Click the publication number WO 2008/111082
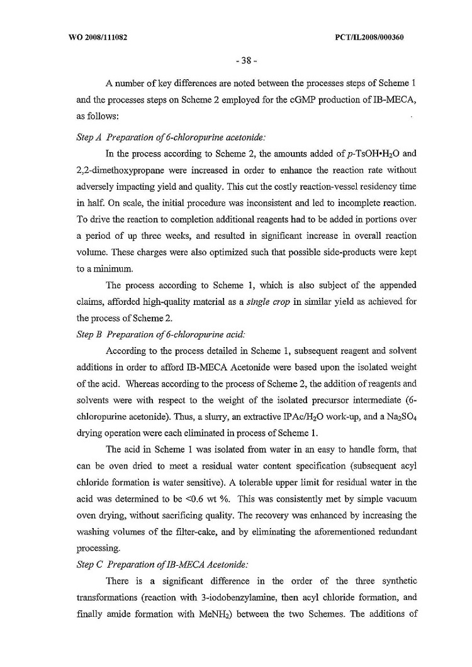pyautogui.click(x=98, y=37)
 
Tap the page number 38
pyautogui.click(x=235, y=62)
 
